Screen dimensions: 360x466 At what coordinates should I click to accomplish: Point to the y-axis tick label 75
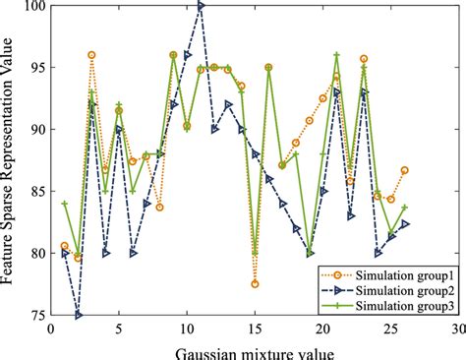tap(36, 316)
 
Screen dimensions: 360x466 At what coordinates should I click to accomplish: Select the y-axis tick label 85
tap(36, 192)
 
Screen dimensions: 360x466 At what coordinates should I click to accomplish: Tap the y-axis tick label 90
tap(36, 130)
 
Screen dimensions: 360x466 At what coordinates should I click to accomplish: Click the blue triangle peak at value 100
tap(201, 6)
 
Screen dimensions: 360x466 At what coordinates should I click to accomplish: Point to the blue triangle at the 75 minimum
tap(79, 315)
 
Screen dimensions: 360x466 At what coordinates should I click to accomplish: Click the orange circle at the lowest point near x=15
tap(255, 283)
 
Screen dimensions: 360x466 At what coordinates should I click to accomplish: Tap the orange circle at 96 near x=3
tap(91, 55)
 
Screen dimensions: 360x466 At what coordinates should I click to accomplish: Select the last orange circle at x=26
tap(404, 170)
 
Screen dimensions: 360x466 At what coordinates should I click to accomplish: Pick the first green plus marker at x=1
tap(65, 204)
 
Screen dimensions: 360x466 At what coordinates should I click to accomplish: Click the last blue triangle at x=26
tap(404, 224)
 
